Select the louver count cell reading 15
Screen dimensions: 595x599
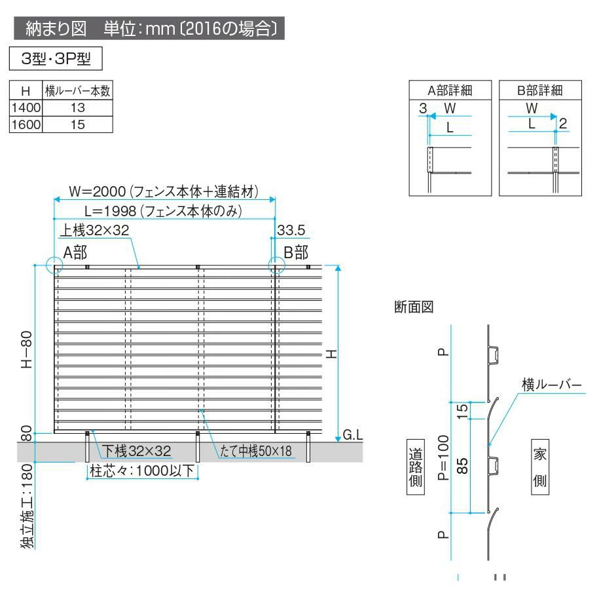pos(78,123)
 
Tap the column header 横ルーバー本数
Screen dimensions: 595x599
pos(78,92)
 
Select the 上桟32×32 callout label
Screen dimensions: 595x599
pos(95,230)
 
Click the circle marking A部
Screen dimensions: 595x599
pos(54,265)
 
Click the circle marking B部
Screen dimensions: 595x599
pos(276,265)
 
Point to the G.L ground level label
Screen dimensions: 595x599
pos(352,435)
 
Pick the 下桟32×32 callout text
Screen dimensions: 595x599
pos(136,451)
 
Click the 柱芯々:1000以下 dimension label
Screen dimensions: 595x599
pos(142,470)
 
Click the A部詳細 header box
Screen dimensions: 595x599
pos(450,90)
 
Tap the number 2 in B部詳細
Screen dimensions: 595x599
pos(563,123)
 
